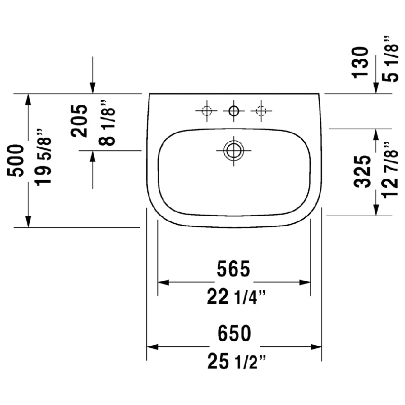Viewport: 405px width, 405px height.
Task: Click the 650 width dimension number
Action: pyautogui.click(x=234, y=334)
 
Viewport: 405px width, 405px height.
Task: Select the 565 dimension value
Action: pyautogui.click(x=233, y=269)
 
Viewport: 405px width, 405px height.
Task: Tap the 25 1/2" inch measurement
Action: pyautogui.click(x=236, y=361)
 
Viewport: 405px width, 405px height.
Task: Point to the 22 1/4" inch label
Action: pyautogui.click(x=236, y=297)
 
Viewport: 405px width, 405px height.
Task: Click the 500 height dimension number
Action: pyautogui.click(x=16, y=160)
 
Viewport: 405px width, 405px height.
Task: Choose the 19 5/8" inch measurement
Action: pyautogui.click(x=43, y=157)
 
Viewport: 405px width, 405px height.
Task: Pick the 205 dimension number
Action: pyautogui.click(x=79, y=121)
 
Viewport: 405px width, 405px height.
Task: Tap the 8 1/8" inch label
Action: pyautogui.click(x=107, y=123)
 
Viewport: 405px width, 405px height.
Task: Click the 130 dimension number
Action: pyautogui.click(x=360, y=62)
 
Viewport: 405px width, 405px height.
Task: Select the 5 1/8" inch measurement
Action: pyautogui.click(x=390, y=59)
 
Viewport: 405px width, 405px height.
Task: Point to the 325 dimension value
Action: pyautogui.click(x=362, y=172)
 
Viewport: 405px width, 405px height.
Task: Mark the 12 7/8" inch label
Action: pyautogui.click(x=390, y=170)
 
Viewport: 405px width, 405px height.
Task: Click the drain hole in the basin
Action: pyautogui.click(x=234, y=150)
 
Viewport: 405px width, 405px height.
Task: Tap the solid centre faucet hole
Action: pyautogui.click(x=234, y=111)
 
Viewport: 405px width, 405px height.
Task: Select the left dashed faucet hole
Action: pyautogui.click(x=207, y=111)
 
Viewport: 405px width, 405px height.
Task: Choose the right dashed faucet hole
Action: pyautogui.click(x=261, y=111)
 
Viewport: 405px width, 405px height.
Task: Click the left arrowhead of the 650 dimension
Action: pyautogui.click(x=152, y=347)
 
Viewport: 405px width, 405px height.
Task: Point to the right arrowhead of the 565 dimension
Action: pyautogui.click(x=305, y=282)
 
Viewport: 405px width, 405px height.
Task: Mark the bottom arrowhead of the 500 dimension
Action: pyautogui.click(x=28, y=222)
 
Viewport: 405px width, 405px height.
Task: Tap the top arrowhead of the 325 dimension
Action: pyautogui.click(x=376, y=135)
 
